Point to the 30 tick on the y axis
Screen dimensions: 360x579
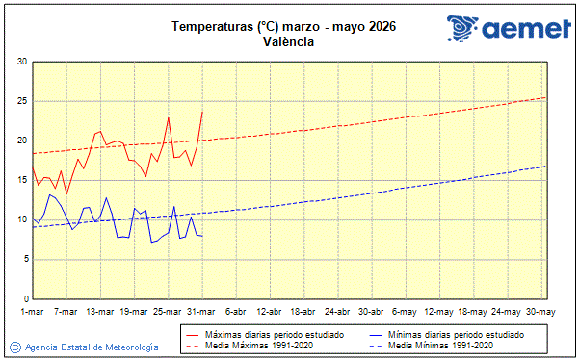click(x=21, y=62)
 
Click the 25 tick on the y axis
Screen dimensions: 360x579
click(x=21, y=101)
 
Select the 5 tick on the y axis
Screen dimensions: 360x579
click(x=24, y=259)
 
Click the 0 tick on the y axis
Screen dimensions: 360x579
click(x=24, y=298)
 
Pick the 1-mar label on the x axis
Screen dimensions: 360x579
click(x=33, y=311)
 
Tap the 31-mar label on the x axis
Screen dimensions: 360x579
click(x=202, y=311)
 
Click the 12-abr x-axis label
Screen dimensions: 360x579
click(x=270, y=311)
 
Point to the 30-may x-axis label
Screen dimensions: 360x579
click(x=540, y=311)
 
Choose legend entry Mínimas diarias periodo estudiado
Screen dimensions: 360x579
click(x=456, y=334)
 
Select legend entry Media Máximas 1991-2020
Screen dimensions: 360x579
click(x=252, y=345)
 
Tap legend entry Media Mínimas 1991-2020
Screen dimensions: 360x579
click(x=440, y=345)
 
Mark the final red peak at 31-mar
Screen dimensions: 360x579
click(x=202, y=111)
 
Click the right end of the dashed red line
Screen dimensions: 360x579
click(x=546, y=97)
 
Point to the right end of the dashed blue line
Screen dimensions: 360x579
click(x=546, y=166)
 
